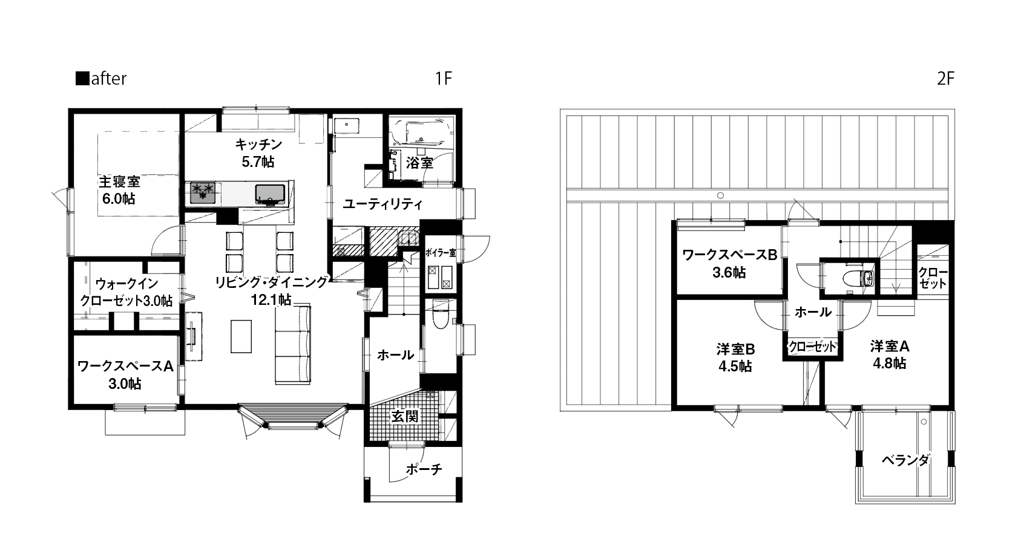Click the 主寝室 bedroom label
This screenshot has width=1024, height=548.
tap(119, 181)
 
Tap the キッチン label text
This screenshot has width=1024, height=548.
tap(258, 144)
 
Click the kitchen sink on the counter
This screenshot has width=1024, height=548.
tap(270, 193)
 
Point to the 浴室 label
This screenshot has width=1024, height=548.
tap(420, 163)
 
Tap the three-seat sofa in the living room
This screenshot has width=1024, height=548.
tap(293, 344)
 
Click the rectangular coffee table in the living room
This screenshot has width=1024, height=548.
tap(241, 336)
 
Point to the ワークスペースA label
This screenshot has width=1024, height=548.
tap(126, 366)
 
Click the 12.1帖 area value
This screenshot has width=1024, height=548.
tap(272, 299)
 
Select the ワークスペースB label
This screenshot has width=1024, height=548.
tap(729, 255)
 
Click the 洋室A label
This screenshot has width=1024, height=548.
tap(890, 347)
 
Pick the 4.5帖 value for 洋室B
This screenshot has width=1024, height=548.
tap(735, 367)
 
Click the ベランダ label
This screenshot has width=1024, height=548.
tap(905, 460)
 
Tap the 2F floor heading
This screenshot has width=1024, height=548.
tap(945, 79)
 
